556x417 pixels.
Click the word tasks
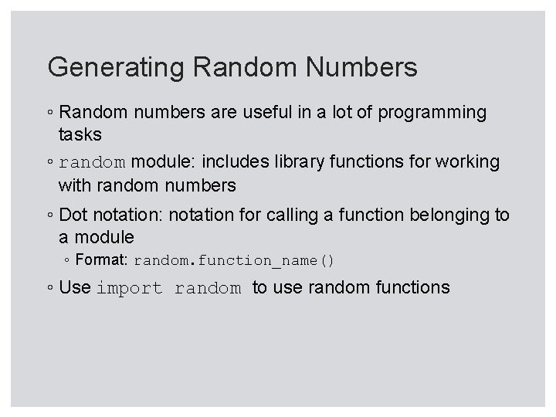point(80,134)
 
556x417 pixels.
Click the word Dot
point(73,215)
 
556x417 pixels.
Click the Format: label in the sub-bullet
point(103,260)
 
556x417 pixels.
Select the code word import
point(129,289)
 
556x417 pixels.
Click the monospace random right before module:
point(92,163)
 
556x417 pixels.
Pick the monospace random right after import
point(208,289)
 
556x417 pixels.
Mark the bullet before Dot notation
point(49,215)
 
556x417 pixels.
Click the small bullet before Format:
point(68,261)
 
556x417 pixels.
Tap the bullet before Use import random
point(49,289)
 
